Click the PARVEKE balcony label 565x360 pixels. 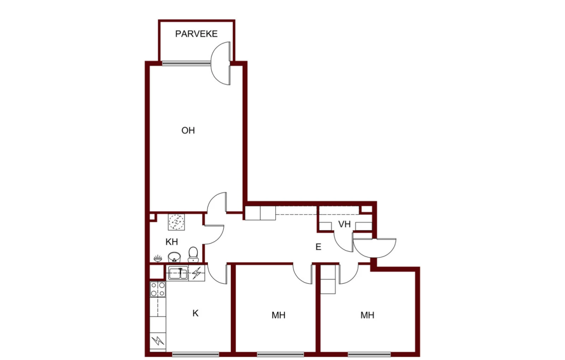(x=196, y=34)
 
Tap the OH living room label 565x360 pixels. (x=188, y=130)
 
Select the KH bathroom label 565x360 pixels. (x=172, y=242)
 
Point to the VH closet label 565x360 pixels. (x=345, y=224)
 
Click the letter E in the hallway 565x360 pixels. (x=318, y=247)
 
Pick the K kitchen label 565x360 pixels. (x=195, y=313)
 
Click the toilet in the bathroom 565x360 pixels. (x=193, y=254)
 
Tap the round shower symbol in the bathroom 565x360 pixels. (x=176, y=222)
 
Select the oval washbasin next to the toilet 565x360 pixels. (x=174, y=257)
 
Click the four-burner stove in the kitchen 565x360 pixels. (x=158, y=289)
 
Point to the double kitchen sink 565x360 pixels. (x=177, y=273)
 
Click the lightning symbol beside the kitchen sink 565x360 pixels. (x=196, y=273)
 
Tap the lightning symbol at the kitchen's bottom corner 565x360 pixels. (x=158, y=341)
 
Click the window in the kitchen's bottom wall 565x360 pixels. (x=196, y=354)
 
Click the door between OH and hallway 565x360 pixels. (x=216, y=202)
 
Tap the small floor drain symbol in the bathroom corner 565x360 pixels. (x=158, y=258)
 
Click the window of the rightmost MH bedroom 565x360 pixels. (x=369, y=354)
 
